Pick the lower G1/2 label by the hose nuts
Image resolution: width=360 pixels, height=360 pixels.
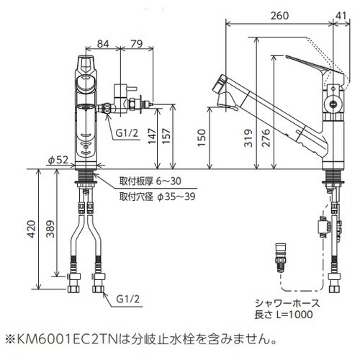127,297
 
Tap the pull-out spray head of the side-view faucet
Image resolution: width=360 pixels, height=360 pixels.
228,93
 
